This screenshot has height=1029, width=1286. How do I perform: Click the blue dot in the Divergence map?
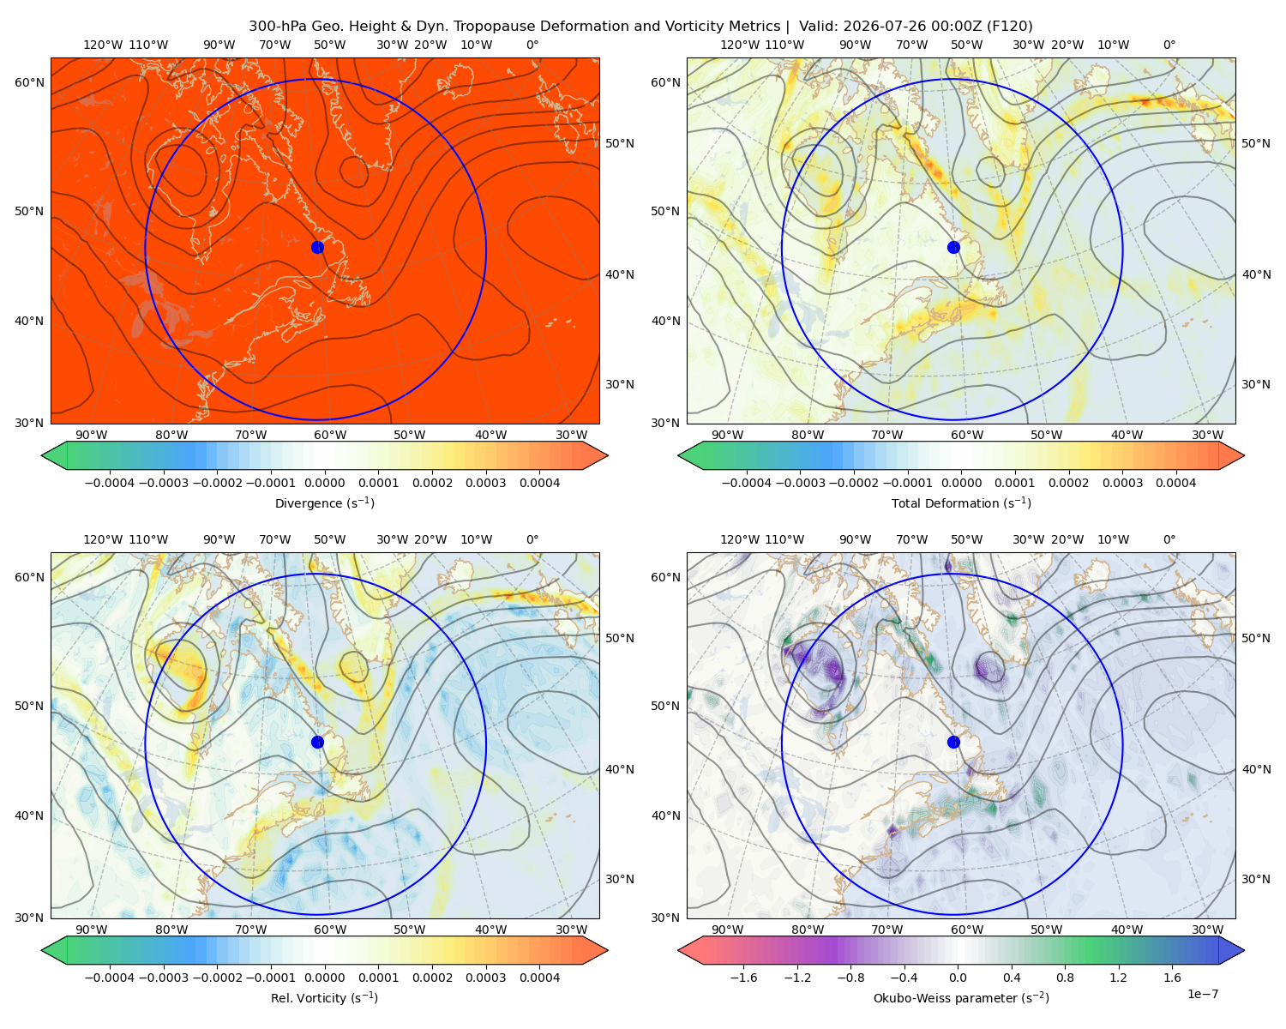tap(317, 248)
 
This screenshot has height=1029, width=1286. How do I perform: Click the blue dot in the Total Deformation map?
tap(953, 248)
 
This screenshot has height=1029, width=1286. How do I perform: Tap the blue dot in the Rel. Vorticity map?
tap(317, 742)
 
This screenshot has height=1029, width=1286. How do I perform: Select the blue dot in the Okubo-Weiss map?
tap(953, 742)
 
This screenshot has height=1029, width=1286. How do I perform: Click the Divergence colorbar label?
tap(324, 503)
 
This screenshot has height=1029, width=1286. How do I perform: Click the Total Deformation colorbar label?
tap(961, 503)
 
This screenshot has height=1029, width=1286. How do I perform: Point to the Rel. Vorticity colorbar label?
tap(324, 998)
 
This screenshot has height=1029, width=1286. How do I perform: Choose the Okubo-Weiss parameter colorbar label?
tap(961, 998)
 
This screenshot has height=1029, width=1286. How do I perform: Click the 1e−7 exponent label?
tap(1202, 995)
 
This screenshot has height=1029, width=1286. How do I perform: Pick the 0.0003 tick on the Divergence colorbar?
tap(486, 483)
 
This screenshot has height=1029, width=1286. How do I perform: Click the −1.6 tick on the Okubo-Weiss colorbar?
tap(743, 978)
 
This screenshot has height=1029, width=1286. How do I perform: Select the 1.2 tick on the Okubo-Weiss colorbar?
tap(1118, 978)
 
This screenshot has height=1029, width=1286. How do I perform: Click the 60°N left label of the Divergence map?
tap(29, 82)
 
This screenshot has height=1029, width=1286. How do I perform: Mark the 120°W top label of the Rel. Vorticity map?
tap(103, 539)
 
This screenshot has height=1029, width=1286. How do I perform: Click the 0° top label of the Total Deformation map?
tap(1169, 45)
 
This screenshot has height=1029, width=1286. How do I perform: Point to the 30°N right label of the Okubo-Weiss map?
tap(1256, 879)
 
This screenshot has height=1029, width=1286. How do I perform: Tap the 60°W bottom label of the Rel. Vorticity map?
tap(330, 930)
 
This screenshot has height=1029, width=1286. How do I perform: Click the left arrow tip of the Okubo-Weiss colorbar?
tap(679, 950)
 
